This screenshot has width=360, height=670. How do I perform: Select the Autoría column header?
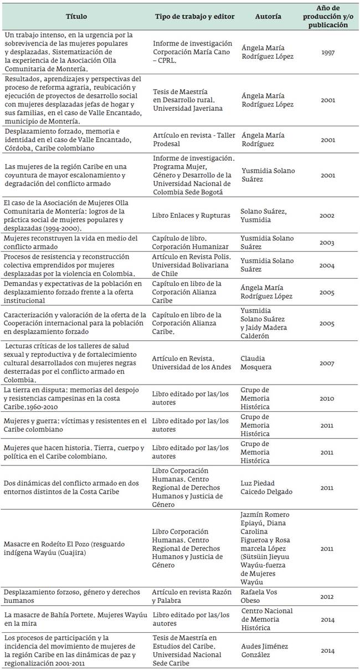click(x=268, y=17)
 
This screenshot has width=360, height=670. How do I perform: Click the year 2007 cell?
click(x=328, y=363)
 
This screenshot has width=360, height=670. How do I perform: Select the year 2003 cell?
click(x=328, y=243)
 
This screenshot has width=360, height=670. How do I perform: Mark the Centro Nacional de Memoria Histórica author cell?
click(x=267, y=619)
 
